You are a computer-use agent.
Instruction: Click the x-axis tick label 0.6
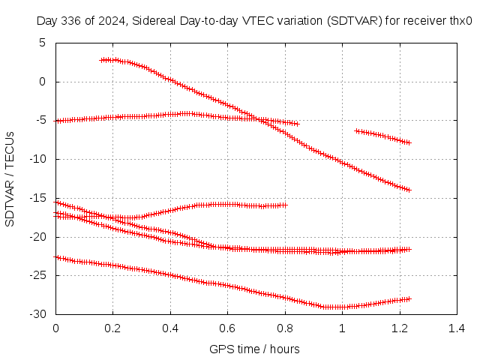coord(227,328)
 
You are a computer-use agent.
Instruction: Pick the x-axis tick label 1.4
coord(456,328)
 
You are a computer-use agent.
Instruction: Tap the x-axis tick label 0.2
coord(113,328)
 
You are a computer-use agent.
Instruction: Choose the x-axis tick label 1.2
coord(399,328)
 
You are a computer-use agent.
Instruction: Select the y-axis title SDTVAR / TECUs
coord(10,178)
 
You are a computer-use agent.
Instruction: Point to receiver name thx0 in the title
coord(460,21)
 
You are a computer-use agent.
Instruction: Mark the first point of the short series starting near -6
coord(356,130)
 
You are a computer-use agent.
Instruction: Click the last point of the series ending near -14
coord(409,190)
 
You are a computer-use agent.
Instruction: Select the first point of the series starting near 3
coord(101,60)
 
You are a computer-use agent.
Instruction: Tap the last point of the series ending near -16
coord(286,205)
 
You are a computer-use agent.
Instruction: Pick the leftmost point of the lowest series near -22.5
coord(56,256)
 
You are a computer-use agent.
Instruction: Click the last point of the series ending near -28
coord(409,298)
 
